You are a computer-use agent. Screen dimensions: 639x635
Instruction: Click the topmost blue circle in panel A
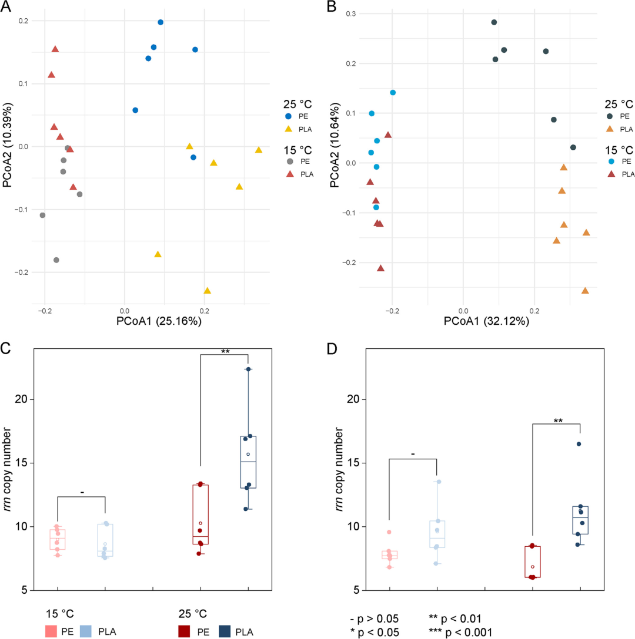point(161,22)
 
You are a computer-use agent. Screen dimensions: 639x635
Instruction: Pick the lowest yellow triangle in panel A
point(207,291)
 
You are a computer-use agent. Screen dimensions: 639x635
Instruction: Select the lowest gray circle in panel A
point(56,260)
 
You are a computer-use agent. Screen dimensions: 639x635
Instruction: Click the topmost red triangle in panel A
point(55,49)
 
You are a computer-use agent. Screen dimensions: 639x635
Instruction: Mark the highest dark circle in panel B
point(494,22)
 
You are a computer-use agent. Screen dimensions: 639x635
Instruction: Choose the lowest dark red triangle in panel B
point(380,268)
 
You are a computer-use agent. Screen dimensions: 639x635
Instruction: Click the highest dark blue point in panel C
point(249,369)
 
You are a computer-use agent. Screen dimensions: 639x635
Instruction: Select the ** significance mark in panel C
point(225,352)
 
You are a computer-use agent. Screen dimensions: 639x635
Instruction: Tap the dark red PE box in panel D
point(532,562)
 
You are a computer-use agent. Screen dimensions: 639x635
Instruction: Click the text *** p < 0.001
point(460,632)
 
